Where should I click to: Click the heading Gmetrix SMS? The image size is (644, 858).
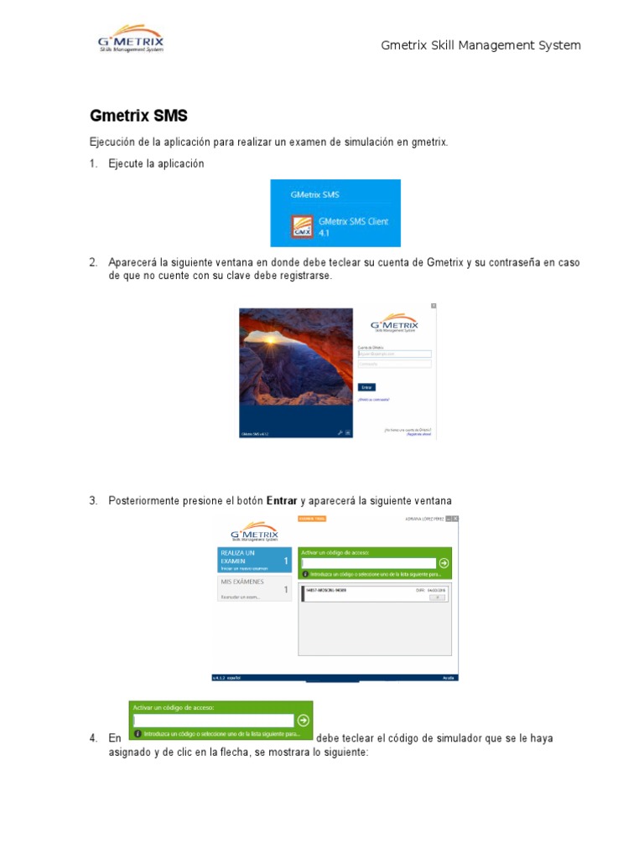tap(138, 116)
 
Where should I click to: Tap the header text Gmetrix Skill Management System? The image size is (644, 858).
tap(480, 45)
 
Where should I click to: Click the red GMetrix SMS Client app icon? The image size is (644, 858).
tap(302, 227)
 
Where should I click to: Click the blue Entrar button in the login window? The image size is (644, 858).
tap(366, 387)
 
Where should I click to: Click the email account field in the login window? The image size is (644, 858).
tap(394, 354)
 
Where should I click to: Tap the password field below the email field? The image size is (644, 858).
tap(394, 364)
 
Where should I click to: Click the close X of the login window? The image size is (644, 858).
tap(433, 306)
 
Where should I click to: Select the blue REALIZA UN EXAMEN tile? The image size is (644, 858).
tap(254, 560)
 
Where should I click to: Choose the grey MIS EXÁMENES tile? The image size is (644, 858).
tap(254, 588)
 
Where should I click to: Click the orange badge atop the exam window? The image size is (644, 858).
tap(312, 519)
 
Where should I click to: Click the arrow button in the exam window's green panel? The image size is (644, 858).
tap(444, 563)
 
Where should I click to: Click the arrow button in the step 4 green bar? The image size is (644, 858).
tap(304, 720)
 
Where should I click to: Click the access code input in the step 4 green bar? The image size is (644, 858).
tap(214, 720)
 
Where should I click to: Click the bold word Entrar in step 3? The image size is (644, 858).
tap(282, 501)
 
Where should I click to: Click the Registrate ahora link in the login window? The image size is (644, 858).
tap(418, 434)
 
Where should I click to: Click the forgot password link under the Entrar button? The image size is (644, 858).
tap(374, 400)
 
